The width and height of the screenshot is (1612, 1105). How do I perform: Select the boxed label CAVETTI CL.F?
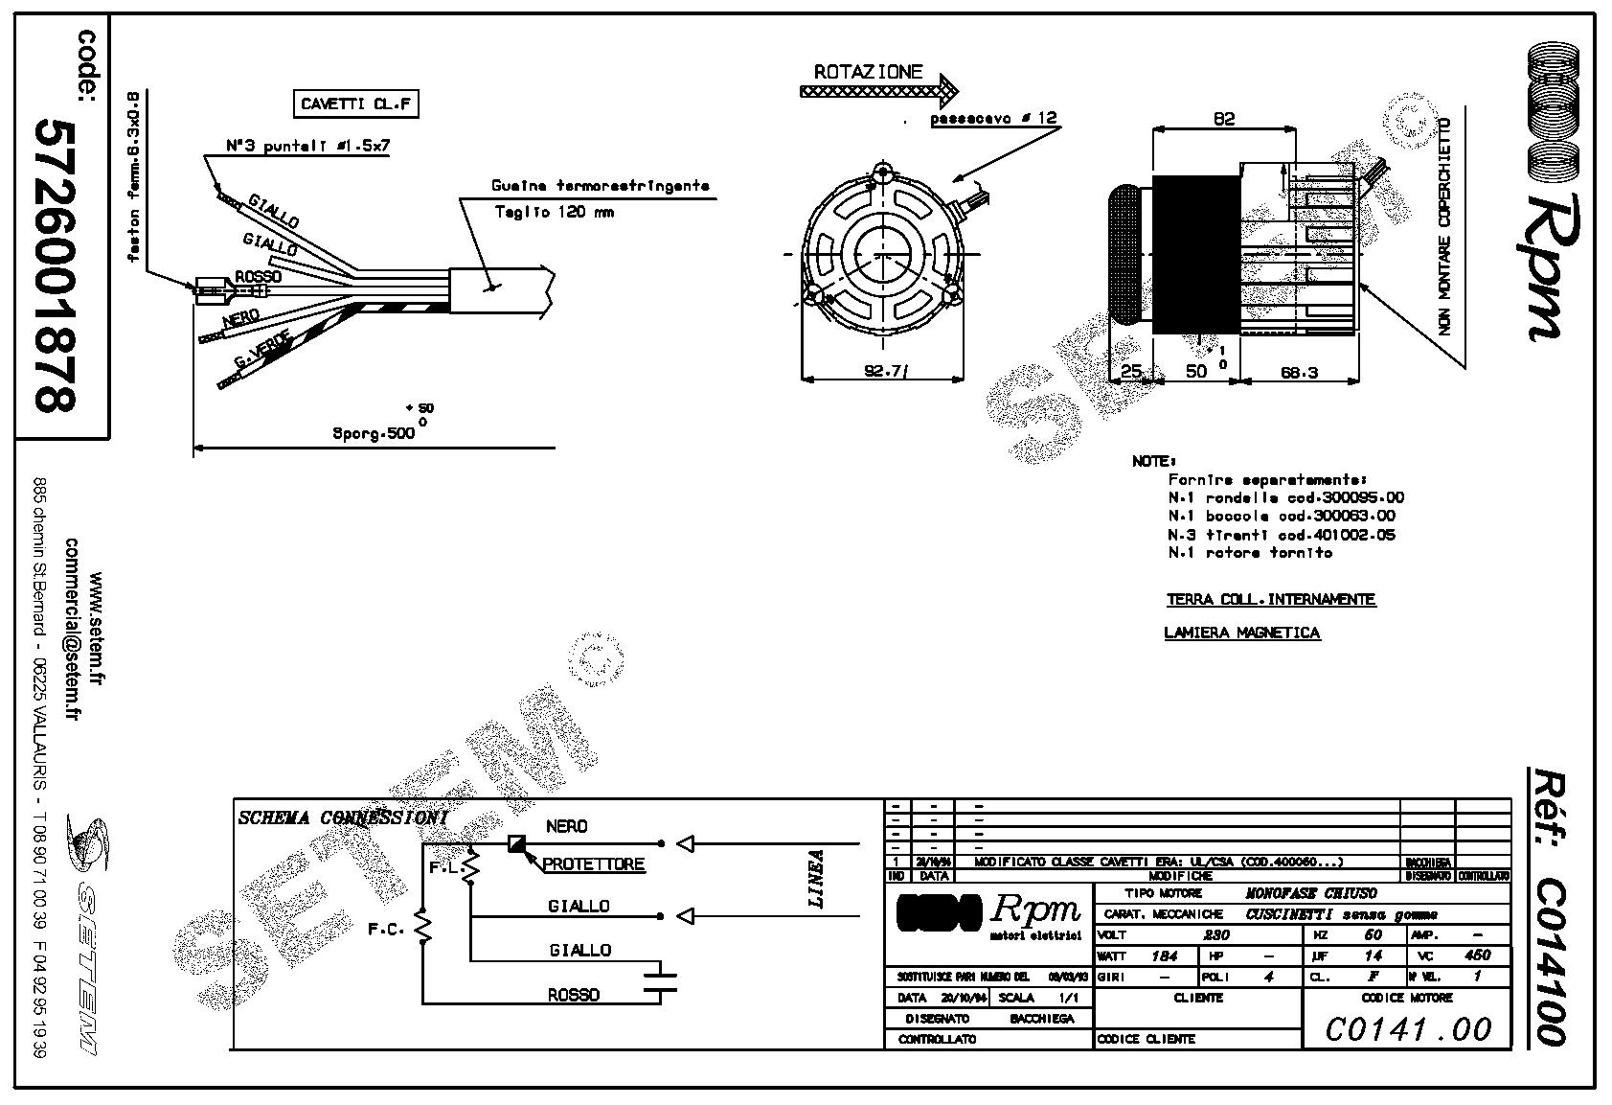[x=355, y=104]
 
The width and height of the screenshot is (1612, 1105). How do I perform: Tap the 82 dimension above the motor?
[x=1223, y=120]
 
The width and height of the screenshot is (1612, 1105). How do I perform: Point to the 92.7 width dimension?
[x=884, y=371]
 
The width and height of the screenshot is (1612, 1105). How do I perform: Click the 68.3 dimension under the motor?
[x=1298, y=373]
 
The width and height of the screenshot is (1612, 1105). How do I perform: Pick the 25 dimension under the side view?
[x=1130, y=372]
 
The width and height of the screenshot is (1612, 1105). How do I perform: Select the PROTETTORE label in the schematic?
[x=594, y=864]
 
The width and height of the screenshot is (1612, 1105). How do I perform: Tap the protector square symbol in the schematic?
[x=517, y=843]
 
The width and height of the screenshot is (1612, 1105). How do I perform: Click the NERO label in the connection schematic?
[x=567, y=826]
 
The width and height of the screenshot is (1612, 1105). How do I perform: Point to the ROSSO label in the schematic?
[x=574, y=995]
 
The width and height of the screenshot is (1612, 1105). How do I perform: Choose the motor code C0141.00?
[x=1408, y=1029]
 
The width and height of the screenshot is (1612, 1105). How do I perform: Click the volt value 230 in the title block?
[x=1216, y=934]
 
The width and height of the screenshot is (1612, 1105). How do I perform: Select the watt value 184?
[x=1164, y=955]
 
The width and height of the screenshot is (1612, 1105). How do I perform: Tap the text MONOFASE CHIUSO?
[x=1310, y=893]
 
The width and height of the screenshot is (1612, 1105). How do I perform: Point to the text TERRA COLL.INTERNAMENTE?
[x=1270, y=600]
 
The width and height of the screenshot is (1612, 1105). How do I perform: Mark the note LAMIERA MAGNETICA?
[x=1241, y=633]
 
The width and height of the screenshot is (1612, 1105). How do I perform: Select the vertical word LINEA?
[x=816, y=878]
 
